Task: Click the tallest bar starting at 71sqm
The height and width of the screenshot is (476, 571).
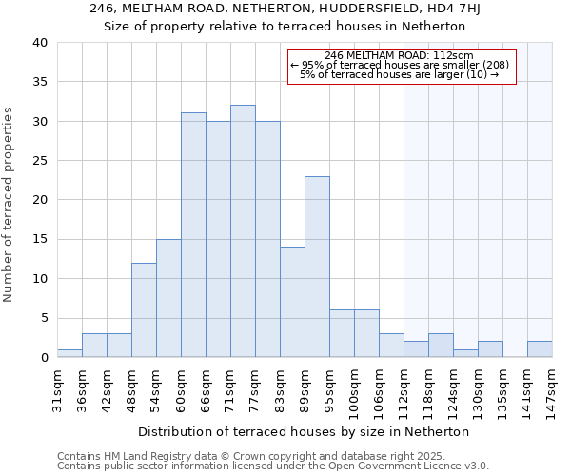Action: coord(243,231)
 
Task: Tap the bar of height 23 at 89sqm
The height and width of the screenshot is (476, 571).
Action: coord(317,267)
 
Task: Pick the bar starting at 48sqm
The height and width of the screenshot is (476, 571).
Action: coord(144,310)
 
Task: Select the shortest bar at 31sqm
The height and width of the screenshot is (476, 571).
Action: coord(69,353)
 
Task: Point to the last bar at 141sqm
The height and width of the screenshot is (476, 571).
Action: coord(540,349)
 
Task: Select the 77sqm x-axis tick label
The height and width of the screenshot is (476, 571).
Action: coord(255,388)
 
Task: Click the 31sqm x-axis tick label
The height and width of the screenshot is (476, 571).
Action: coord(57,388)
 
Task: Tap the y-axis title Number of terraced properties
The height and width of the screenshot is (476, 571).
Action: coord(9,205)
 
